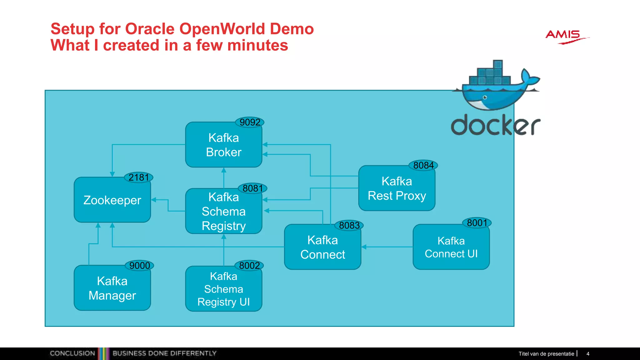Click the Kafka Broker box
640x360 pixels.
tap(223, 145)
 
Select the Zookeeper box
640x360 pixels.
tap(112, 200)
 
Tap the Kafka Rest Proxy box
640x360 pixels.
tap(397, 188)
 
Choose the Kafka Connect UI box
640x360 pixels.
tap(451, 247)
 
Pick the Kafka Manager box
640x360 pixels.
tap(112, 288)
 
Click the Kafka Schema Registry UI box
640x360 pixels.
tap(223, 289)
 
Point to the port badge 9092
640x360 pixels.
tap(250, 122)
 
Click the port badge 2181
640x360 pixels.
tap(139, 177)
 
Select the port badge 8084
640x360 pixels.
tap(423, 165)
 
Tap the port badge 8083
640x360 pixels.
tap(349, 225)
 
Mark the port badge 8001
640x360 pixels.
tap(477, 223)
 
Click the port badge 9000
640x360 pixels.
tap(139, 266)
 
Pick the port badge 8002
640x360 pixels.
tap(249, 266)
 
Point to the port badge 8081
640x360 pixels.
tap(252, 188)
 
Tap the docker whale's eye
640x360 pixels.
tap(485, 97)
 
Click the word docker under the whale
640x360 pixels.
tap(495, 125)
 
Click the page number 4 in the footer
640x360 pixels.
tap(588, 354)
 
